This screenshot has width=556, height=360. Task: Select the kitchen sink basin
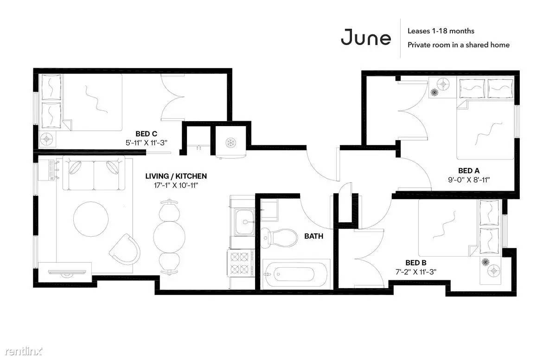[245, 222]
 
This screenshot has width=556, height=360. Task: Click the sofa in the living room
[94, 173]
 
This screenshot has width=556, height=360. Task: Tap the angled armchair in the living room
[125, 249]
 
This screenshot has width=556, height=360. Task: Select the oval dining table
[170, 237]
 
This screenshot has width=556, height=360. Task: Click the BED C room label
[146, 134]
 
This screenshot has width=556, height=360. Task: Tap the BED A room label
[468, 171]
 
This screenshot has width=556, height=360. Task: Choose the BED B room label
[415, 263]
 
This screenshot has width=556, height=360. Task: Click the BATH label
[314, 236]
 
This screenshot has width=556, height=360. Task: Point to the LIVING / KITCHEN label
[176, 176]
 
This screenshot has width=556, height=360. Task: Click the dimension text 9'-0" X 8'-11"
[468, 180]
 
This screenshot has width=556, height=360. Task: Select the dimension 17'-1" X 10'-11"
[176, 185]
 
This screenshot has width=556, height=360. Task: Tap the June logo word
[366, 37]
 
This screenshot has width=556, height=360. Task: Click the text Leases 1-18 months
[441, 31]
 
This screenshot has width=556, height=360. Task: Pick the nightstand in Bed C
[47, 139]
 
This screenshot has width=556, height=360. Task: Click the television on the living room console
[67, 273]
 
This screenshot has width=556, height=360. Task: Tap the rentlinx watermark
[24, 351]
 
